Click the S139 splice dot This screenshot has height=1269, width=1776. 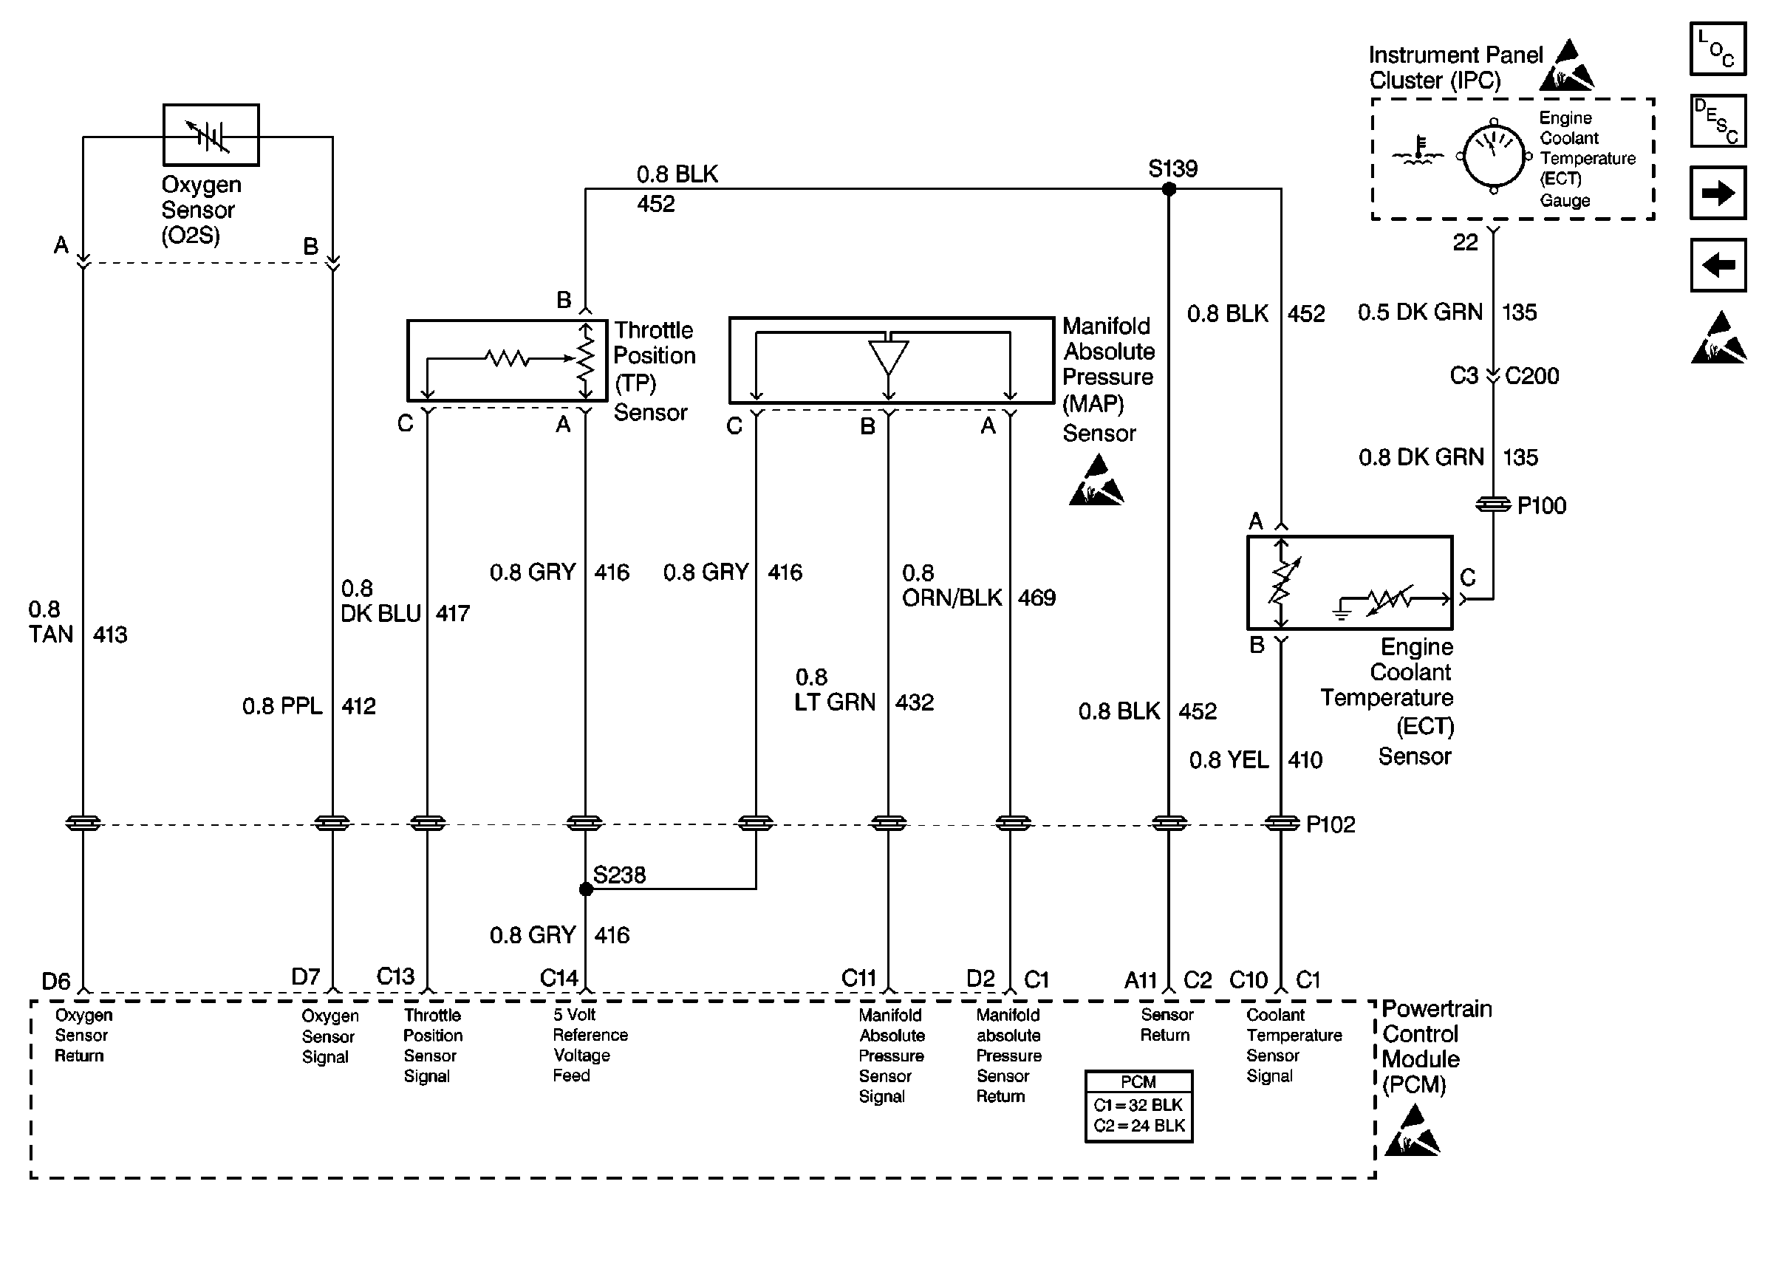click(x=1169, y=189)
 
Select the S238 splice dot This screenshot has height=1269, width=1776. click(x=586, y=889)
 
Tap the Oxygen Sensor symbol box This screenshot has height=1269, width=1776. click(x=211, y=135)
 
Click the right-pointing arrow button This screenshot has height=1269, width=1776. click(x=1718, y=193)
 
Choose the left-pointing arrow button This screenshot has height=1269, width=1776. click(x=1718, y=265)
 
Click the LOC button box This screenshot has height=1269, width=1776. click(x=1718, y=49)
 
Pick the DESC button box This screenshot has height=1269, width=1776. click(x=1718, y=121)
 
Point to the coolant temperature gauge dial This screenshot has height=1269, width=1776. click(x=1494, y=157)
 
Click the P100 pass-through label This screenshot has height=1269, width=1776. click(x=1542, y=505)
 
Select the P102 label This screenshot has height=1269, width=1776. click(x=1331, y=824)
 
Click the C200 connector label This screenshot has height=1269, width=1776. click(x=1531, y=376)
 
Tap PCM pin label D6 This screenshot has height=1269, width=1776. click(x=56, y=981)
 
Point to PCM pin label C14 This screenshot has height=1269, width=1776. click(x=559, y=978)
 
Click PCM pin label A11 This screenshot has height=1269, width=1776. click(x=1140, y=980)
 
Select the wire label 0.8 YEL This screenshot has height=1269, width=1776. click(x=1229, y=759)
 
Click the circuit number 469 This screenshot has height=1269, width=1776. click(x=1036, y=598)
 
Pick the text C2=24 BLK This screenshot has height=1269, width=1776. click(x=1139, y=1125)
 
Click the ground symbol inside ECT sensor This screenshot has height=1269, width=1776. click(x=1342, y=609)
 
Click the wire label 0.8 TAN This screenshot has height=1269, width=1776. click(x=51, y=622)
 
